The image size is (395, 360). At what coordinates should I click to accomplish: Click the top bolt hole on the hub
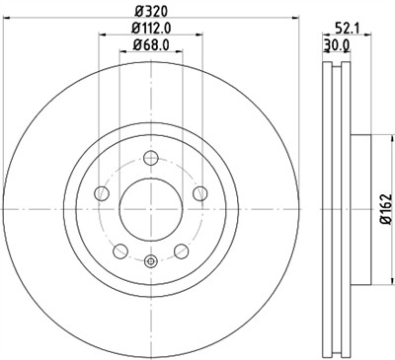pos(151,157)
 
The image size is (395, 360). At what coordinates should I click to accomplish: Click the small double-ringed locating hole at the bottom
pos(151,261)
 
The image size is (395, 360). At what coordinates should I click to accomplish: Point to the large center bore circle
pos(151,207)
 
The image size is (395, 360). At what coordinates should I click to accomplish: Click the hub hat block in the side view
pos(349,207)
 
